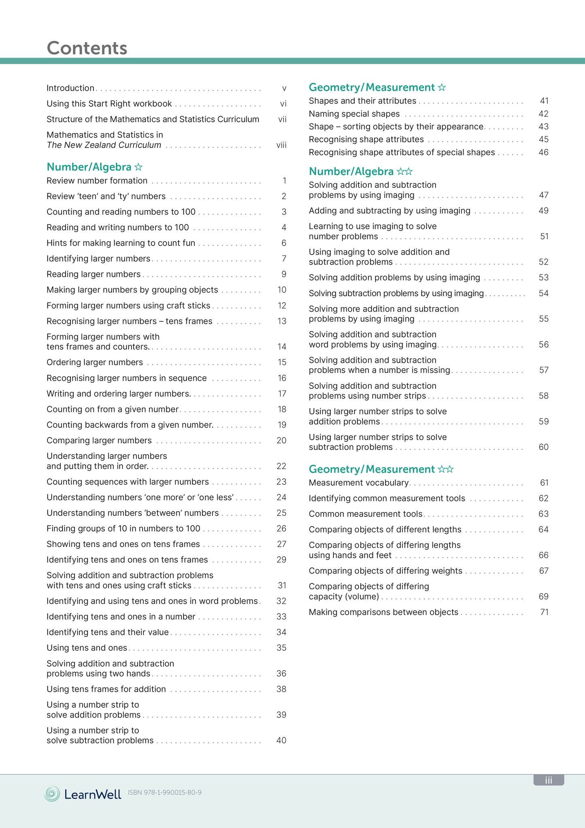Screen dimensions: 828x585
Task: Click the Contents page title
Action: tap(87, 48)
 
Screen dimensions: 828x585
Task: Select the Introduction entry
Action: tap(70, 88)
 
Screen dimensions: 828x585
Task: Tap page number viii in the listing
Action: tap(281, 145)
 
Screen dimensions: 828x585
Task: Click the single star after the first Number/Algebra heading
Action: tap(138, 167)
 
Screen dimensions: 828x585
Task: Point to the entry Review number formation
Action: tap(97, 181)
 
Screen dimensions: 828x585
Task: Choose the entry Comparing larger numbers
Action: tap(99, 440)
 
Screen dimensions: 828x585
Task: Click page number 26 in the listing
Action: tap(281, 529)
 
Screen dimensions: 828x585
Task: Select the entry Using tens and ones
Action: tap(87, 648)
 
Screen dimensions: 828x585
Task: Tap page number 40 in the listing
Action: tap(281, 741)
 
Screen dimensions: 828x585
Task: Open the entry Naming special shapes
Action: tap(354, 114)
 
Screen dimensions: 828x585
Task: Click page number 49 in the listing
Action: tap(544, 211)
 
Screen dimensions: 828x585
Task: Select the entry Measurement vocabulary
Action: tap(359, 483)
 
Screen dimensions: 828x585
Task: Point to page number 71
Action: tap(545, 612)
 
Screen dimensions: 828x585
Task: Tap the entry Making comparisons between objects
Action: tap(383, 612)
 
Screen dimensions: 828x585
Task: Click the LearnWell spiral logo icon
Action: tap(52, 794)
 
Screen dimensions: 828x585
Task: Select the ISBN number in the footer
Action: tap(165, 792)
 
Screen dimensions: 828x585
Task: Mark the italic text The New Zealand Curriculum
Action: tap(104, 145)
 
